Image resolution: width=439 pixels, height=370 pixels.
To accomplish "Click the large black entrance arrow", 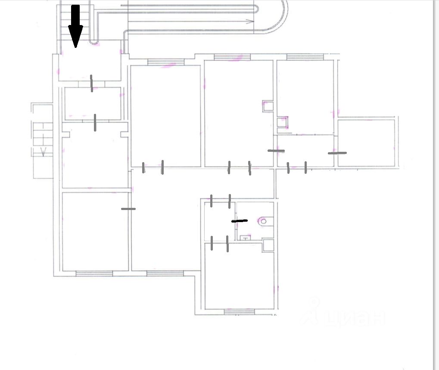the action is click(76, 25).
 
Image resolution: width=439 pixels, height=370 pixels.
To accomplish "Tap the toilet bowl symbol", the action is click(263, 221).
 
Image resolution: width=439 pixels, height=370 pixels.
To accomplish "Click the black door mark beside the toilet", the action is click(240, 221).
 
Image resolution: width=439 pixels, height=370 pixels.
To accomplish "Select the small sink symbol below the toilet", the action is click(245, 237).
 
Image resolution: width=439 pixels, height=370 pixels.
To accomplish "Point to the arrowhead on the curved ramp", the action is click(249, 21).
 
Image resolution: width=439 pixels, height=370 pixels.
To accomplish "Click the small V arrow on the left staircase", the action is click(44, 151).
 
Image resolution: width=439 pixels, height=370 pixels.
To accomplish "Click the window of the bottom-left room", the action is click(94, 273).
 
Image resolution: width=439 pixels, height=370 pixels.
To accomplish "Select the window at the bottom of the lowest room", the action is click(240, 311).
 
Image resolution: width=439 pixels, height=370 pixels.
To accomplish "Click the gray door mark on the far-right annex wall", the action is click(337, 153).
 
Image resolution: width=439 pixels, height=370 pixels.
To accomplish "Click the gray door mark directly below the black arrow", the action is click(91, 83).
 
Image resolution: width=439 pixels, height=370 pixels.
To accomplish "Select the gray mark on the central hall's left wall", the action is click(128, 209).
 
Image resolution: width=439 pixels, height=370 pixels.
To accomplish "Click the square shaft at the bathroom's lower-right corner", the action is click(268, 245).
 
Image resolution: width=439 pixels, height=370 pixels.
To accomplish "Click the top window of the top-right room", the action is click(305, 57).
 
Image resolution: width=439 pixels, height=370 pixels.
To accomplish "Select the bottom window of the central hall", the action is click(165, 273).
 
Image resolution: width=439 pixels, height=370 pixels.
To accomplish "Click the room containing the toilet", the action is click(255, 220).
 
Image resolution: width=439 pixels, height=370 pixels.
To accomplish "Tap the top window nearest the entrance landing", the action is click(165, 62).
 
